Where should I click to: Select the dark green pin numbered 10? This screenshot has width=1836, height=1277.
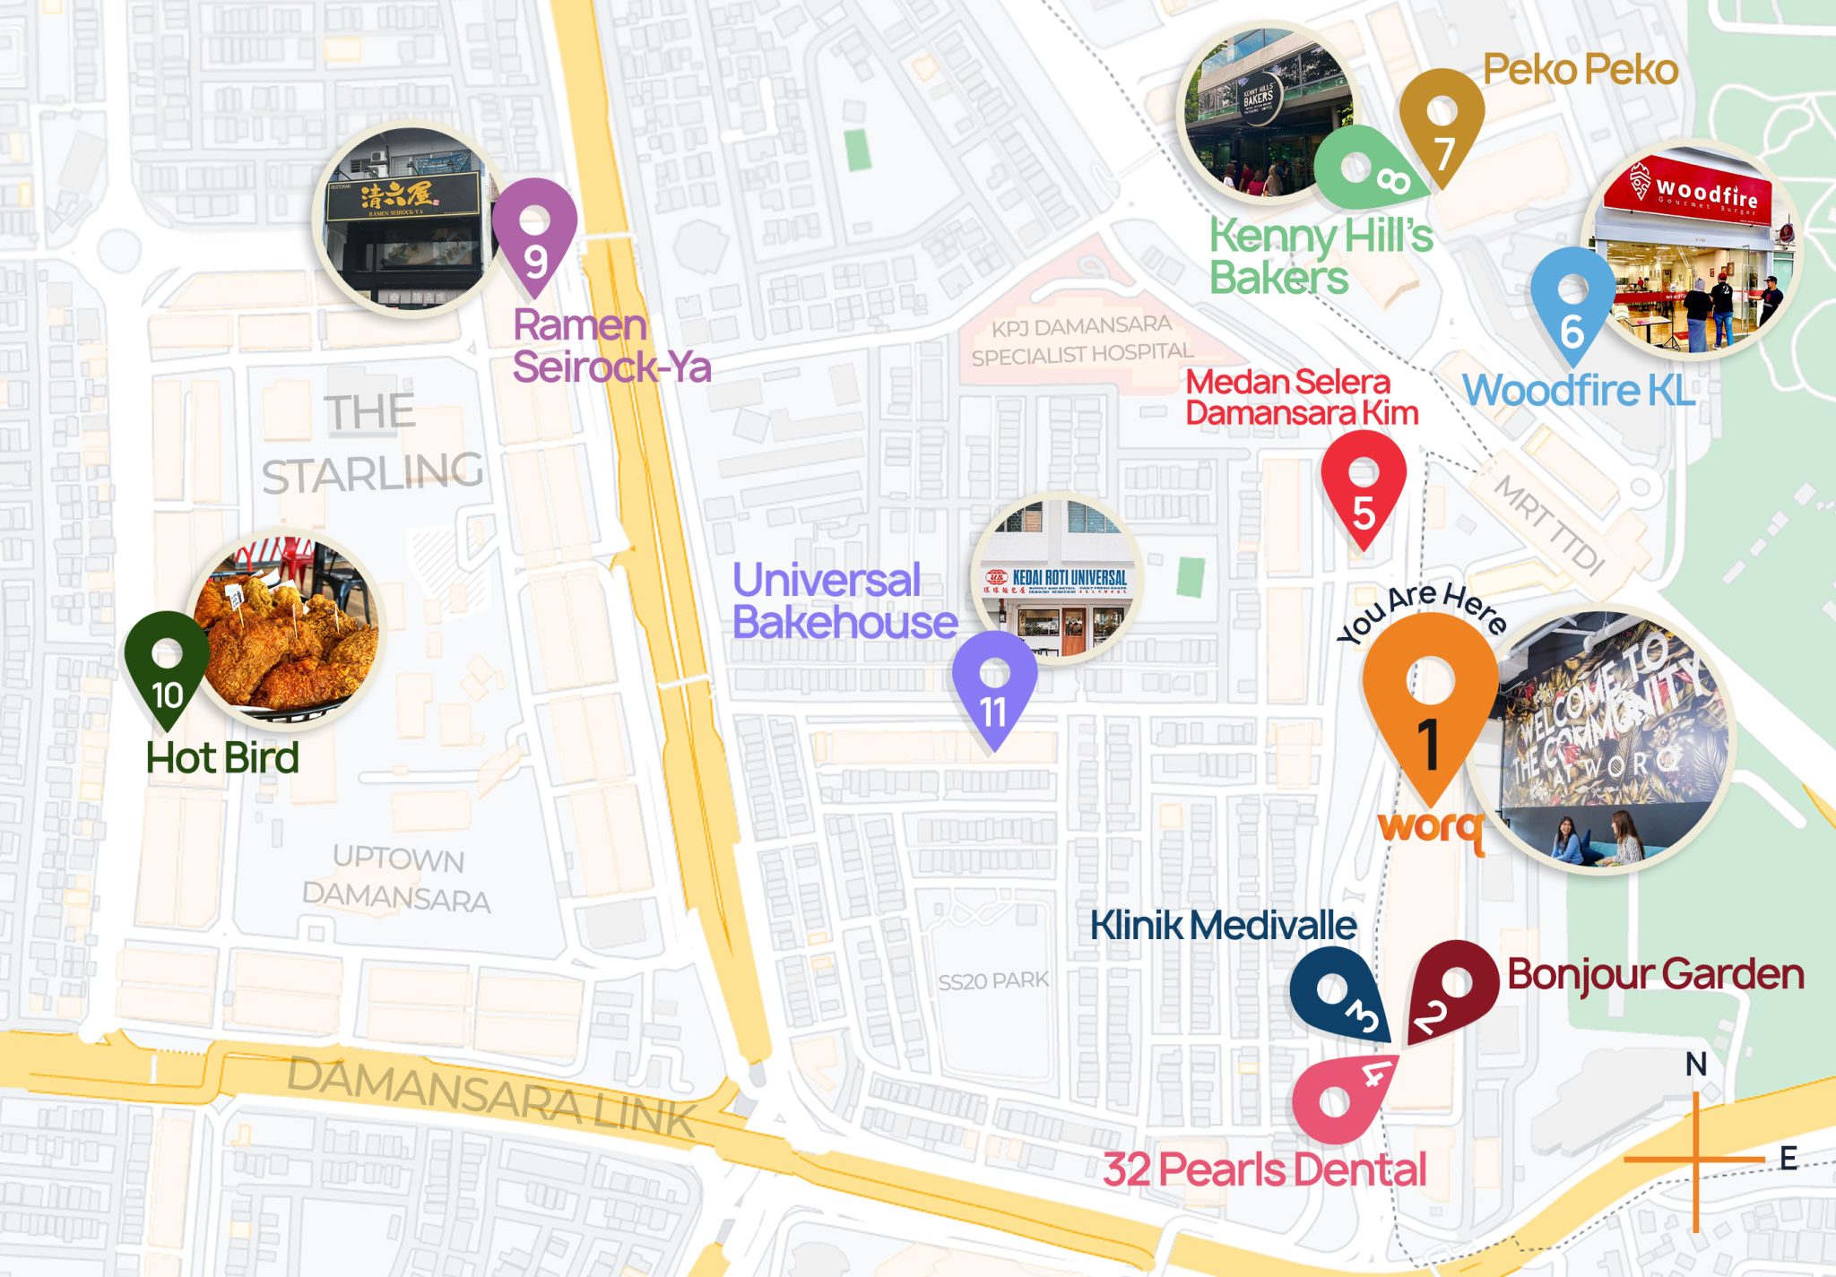[167, 668]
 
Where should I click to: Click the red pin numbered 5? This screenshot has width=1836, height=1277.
[1363, 488]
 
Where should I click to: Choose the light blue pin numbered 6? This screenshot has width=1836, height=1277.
[1572, 305]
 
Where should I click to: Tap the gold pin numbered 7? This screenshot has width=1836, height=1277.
[1442, 125]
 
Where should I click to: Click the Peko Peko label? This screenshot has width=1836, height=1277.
[1580, 70]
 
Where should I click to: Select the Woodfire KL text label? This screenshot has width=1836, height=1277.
[1578, 391]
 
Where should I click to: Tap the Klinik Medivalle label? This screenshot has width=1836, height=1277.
[1223, 926]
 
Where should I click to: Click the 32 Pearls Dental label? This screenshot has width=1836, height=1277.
[1264, 1169]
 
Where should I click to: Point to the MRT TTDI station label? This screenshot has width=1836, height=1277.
[1549, 525]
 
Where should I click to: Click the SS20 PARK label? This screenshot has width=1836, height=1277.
[993, 981]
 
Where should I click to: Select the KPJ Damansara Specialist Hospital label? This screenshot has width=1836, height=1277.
[1082, 341]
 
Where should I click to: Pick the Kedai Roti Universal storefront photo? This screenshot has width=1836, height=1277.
[1058, 578]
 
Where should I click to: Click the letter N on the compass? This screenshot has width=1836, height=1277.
[1695, 1065]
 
